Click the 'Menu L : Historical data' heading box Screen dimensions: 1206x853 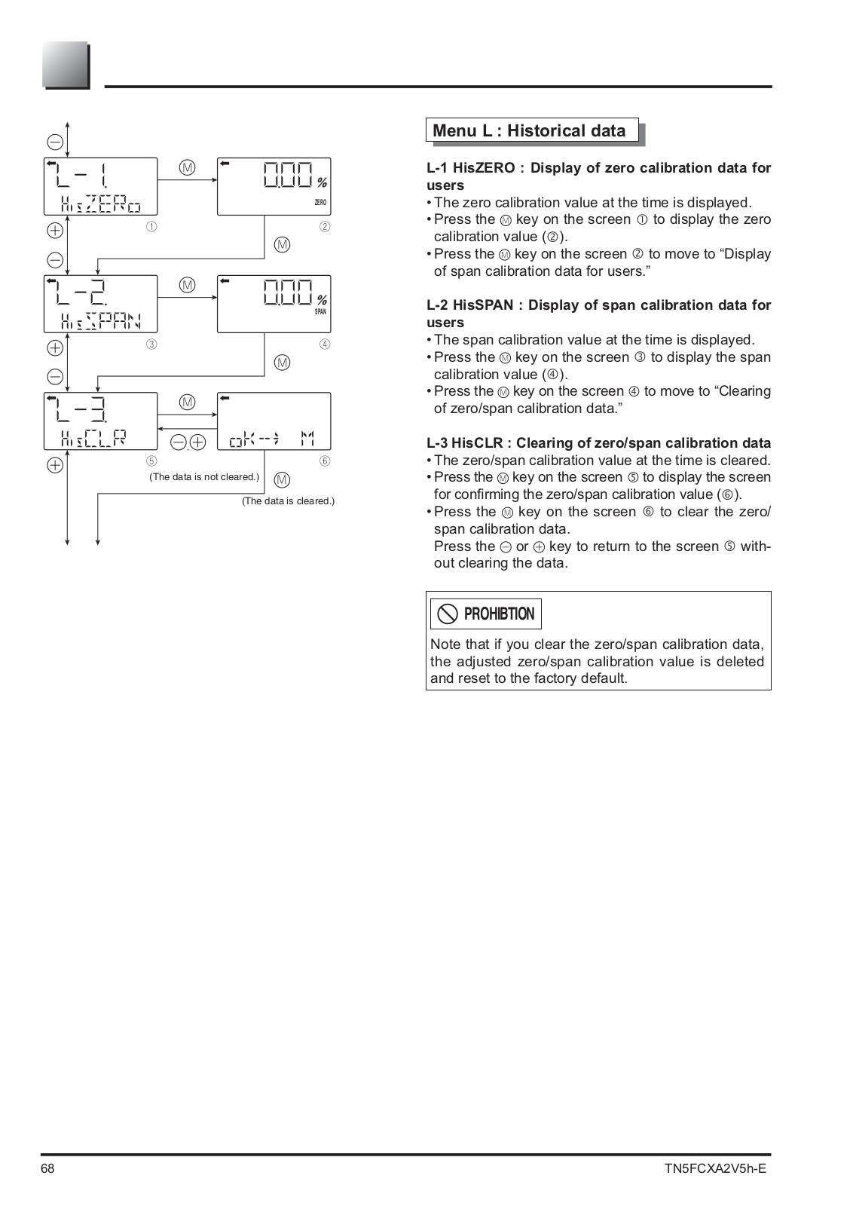[531, 130]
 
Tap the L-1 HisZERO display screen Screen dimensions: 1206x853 [100, 186]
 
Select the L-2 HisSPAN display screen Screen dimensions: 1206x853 [100, 304]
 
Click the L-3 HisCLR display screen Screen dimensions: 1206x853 [100, 421]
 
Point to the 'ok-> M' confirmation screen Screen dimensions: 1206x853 [274, 421]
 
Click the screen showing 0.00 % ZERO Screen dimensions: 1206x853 [274, 186]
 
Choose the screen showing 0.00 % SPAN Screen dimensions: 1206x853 [274, 304]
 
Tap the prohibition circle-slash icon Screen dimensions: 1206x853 [448, 614]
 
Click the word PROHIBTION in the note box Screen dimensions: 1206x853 [499, 614]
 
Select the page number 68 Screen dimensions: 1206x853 [48, 1169]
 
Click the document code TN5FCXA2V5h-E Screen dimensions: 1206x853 [715, 1169]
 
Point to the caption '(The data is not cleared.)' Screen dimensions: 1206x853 [204, 476]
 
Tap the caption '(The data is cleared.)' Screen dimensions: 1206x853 [288, 501]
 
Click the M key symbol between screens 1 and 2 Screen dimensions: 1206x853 [187, 167]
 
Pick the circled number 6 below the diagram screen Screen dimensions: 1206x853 [325, 461]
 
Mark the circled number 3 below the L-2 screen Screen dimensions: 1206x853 [151, 344]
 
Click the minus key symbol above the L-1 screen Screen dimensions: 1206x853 [55, 141]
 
